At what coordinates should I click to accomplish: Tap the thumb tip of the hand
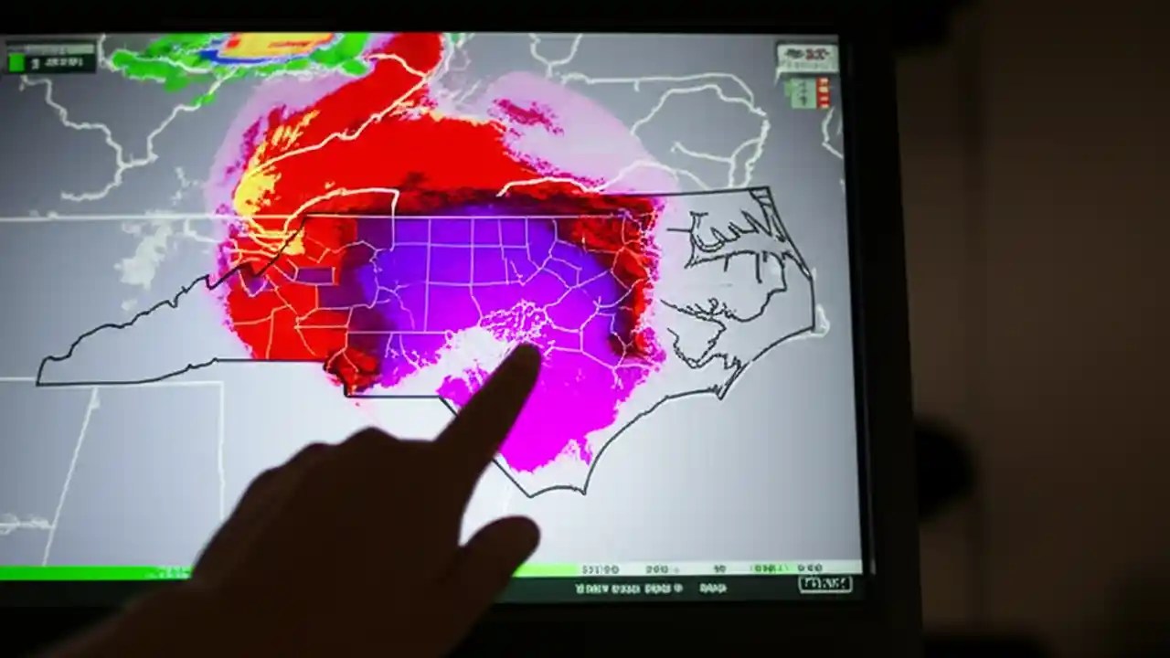[512, 539]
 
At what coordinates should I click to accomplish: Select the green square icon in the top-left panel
[16, 62]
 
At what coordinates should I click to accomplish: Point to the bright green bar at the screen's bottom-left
[91, 573]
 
